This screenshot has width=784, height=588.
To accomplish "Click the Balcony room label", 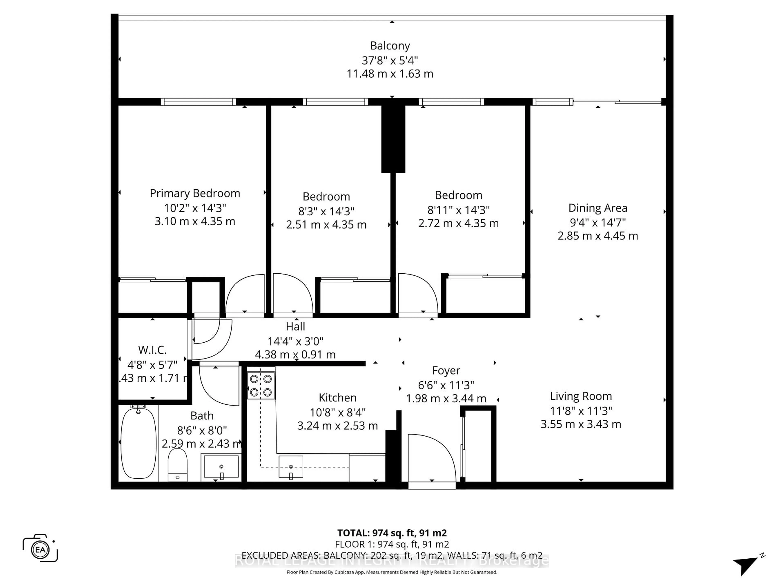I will click(390, 46).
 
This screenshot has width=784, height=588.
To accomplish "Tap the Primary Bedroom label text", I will click(195, 193).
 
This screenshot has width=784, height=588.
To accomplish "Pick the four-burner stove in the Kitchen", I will click(261, 385).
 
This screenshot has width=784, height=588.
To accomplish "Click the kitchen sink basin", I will click(291, 467).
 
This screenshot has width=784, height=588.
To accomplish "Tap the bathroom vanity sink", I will click(221, 467).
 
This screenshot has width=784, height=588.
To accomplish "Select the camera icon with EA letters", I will click(40, 549).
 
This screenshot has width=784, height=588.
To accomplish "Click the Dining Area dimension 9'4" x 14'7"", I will click(598, 222).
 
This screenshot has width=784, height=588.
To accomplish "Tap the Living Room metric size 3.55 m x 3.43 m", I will click(581, 424).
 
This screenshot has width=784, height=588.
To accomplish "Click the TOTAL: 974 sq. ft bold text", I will click(392, 533).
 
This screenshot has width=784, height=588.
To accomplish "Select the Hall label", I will click(295, 326).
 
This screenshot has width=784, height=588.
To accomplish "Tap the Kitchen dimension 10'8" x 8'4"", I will click(337, 412).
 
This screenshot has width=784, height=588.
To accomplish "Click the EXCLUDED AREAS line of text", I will click(392, 555).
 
